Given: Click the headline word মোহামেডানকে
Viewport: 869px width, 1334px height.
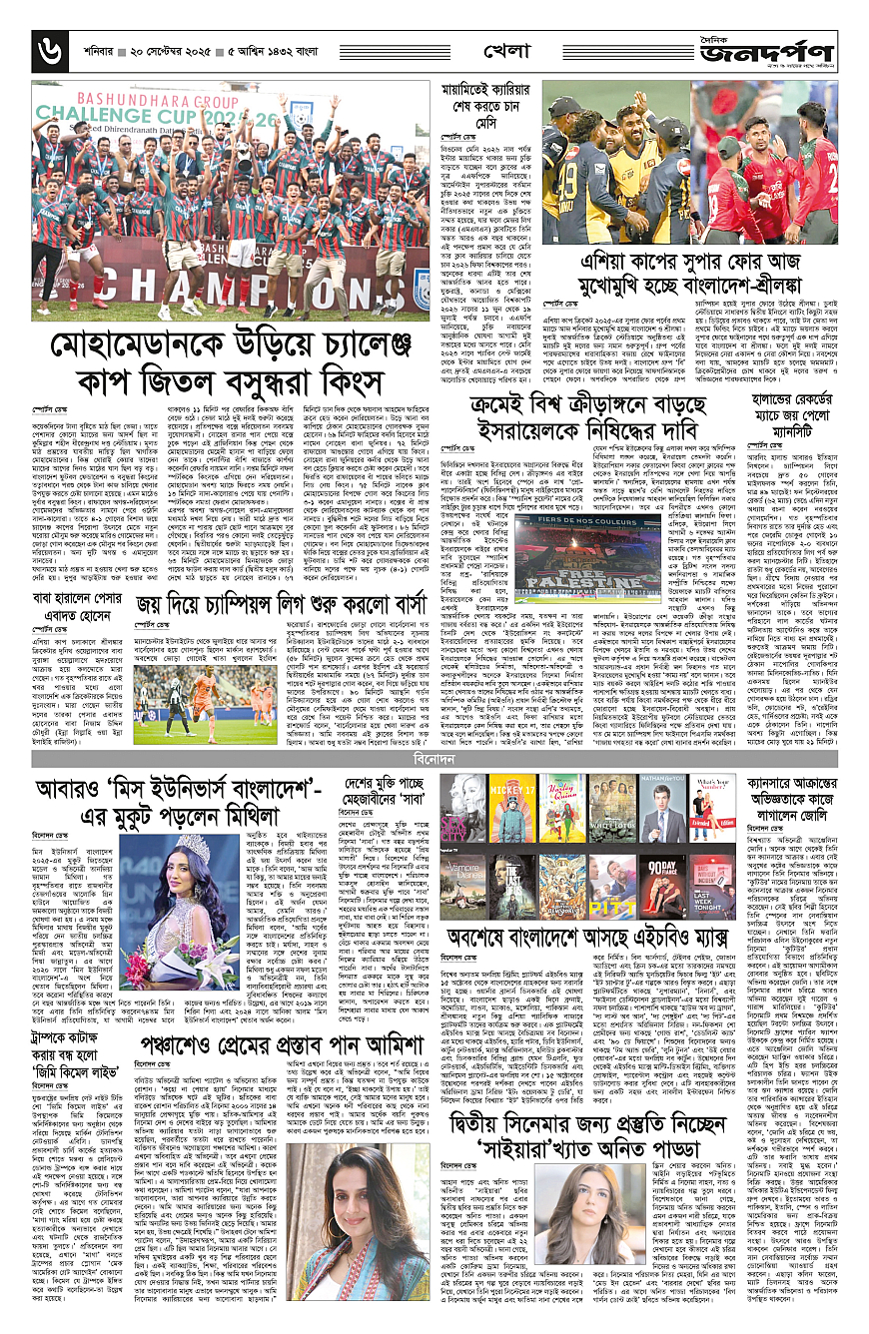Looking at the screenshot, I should (135, 344).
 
